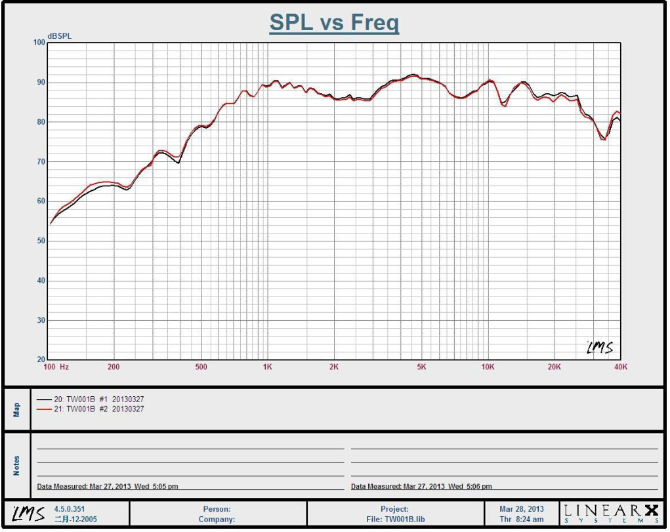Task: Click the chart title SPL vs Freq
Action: [334, 23]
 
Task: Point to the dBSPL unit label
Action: [59, 36]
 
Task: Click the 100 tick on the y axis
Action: [39, 43]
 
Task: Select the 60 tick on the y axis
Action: [41, 201]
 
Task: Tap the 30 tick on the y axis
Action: [41, 321]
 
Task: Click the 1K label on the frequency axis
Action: [267, 367]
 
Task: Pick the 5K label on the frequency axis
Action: [421, 367]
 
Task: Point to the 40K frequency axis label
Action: [620, 367]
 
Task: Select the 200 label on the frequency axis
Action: [114, 367]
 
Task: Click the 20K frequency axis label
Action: [555, 367]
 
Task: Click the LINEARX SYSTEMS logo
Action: [610, 513]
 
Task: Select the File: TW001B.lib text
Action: [394, 520]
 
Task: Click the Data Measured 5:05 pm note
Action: [108, 487]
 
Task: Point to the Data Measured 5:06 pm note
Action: [421, 487]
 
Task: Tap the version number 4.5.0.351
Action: [70, 509]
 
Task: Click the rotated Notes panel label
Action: [16, 466]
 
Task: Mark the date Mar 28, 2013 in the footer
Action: [522, 509]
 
